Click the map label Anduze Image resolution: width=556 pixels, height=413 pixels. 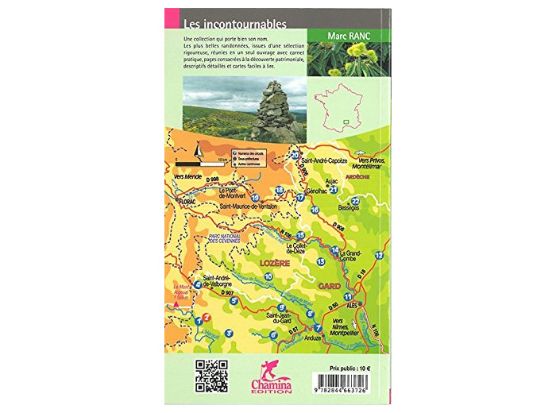[313, 338]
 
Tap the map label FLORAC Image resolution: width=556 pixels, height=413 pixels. [187, 202]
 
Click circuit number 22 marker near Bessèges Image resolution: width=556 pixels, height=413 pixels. [355, 202]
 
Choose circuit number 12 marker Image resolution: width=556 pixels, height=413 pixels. [379, 254]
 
